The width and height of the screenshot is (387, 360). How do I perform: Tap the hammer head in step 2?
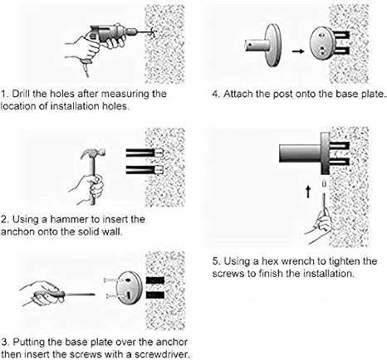(x=93, y=153)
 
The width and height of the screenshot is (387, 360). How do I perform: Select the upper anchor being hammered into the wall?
(x=145, y=153)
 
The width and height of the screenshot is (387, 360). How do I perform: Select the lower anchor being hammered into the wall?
(x=145, y=169)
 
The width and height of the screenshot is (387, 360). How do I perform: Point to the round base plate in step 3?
(x=129, y=288)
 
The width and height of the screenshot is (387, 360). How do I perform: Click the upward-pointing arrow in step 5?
(x=308, y=192)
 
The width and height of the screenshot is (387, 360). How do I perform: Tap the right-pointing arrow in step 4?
(x=298, y=51)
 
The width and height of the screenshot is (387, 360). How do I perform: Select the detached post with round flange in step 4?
(x=263, y=45)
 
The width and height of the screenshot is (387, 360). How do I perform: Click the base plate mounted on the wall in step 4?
(x=321, y=43)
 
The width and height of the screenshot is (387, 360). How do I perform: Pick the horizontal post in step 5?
(x=301, y=153)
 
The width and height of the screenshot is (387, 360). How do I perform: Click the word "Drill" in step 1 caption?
(x=21, y=94)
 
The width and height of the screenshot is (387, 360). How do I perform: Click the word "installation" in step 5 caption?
(x=329, y=274)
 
